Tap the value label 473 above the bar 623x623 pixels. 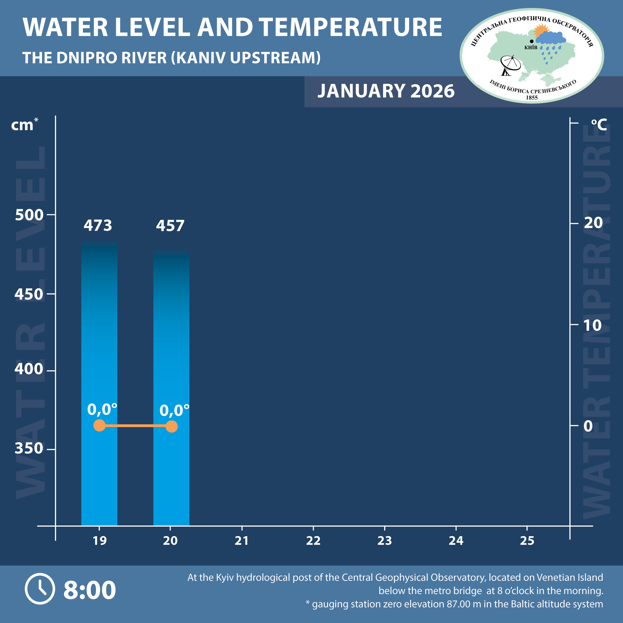click(x=98, y=225)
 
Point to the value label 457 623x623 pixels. click(x=170, y=226)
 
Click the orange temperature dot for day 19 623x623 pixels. click(x=99, y=425)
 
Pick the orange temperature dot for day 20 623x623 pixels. click(x=172, y=426)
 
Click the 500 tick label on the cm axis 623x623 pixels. click(x=29, y=215)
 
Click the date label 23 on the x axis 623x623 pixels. click(x=384, y=540)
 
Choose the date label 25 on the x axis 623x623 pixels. click(x=527, y=540)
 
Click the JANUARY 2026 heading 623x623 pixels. click(x=386, y=91)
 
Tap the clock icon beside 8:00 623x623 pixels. click(x=40, y=589)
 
